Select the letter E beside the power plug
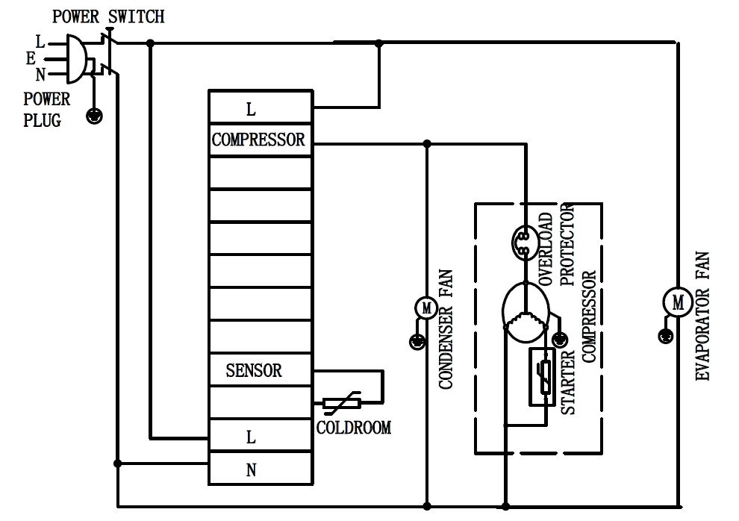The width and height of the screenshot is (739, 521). pyautogui.click(x=31, y=59)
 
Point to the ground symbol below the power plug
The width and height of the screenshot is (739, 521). pyautogui.click(x=95, y=116)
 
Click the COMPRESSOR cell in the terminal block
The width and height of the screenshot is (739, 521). pyautogui.click(x=258, y=140)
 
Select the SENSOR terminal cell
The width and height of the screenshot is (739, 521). pyautogui.click(x=254, y=369)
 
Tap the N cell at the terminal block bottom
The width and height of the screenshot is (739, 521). pyautogui.click(x=252, y=470)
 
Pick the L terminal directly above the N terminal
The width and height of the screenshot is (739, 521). pyautogui.click(x=252, y=437)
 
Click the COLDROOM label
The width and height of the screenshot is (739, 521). pyautogui.click(x=353, y=428)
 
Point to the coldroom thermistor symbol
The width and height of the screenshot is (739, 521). pyautogui.click(x=342, y=404)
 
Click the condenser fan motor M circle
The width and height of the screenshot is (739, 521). pyautogui.click(x=426, y=307)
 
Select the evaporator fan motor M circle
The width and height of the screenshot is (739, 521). pyautogui.click(x=678, y=302)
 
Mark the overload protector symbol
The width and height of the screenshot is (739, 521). pyautogui.click(x=522, y=240)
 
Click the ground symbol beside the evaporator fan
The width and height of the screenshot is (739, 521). pyautogui.click(x=663, y=337)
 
